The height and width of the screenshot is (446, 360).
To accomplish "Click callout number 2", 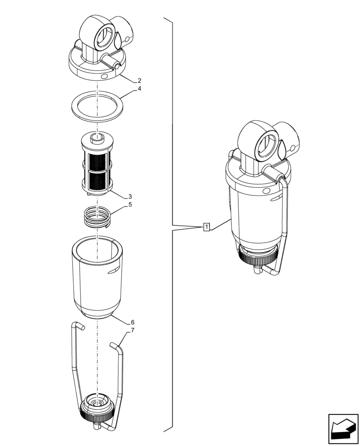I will pyautogui.click(x=139, y=81).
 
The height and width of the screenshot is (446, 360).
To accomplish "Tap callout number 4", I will pyautogui.click(x=139, y=89).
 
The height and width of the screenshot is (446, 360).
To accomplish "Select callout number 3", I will pyautogui.click(x=130, y=196).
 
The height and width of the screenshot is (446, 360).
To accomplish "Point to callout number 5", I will pyautogui.click(x=130, y=205).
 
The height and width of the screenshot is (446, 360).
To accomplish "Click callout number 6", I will pyautogui.click(x=133, y=322).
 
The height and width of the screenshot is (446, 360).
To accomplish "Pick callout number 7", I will pyautogui.click(x=133, y=330).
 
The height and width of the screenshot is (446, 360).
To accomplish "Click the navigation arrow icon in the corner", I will pyautogui.click(x=343, y=429).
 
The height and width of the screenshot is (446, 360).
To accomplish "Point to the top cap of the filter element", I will pyautogui.click(x=97, y=139).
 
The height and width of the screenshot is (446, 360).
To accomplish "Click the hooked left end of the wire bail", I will pyautogui.click(x=78, y=326).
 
